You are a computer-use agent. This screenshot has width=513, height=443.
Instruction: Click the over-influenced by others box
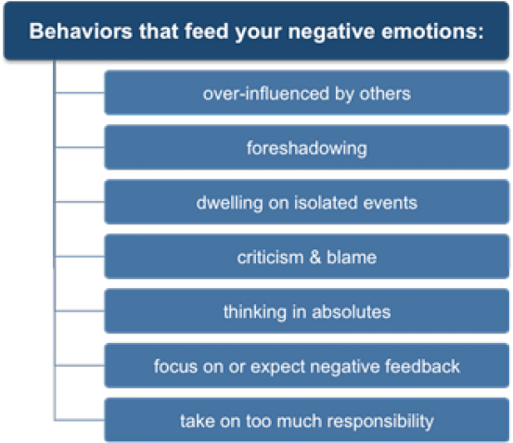click(x=306, y=94)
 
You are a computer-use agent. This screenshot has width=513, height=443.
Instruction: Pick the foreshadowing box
click(x=306, y=147)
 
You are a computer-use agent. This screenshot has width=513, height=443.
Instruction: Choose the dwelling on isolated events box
click(x=306, y=202)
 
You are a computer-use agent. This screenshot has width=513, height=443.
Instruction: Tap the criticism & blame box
click(x=306, y=257)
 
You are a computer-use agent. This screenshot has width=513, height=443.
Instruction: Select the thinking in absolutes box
click(x=306, y=311)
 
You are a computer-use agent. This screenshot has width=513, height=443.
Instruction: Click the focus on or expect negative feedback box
click(x=306, y=366)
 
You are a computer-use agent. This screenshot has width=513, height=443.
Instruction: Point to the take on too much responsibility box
click(x=306, y=421)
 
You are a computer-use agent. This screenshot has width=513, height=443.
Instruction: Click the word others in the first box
click(x=387, y=94)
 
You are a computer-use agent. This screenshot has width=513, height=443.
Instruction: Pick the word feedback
click(x=424, y=366)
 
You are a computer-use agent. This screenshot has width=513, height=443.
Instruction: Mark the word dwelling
click(x=226, y=202)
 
